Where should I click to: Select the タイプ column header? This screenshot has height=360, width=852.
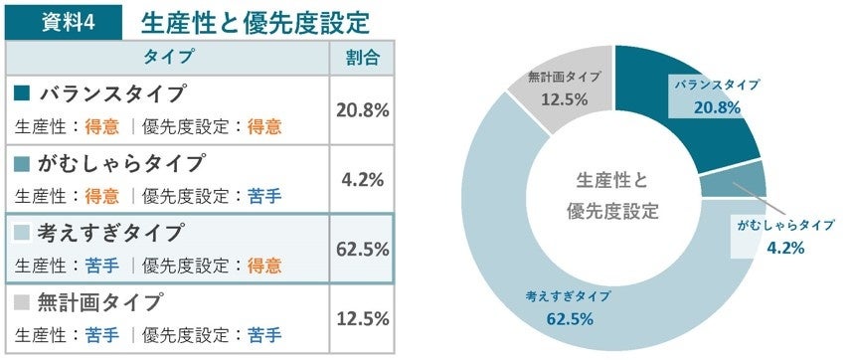167,57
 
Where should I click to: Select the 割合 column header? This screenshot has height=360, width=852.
362,57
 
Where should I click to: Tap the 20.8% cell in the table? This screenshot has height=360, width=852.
362,109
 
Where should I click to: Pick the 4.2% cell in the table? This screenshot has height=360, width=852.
362,179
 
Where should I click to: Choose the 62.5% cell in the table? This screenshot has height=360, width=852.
362,249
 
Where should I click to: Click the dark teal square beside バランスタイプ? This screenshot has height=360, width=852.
23,94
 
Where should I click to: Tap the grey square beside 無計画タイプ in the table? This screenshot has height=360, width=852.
23,301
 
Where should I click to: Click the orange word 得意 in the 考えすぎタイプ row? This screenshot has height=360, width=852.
263,266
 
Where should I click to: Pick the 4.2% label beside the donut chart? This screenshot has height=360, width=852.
785,248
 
